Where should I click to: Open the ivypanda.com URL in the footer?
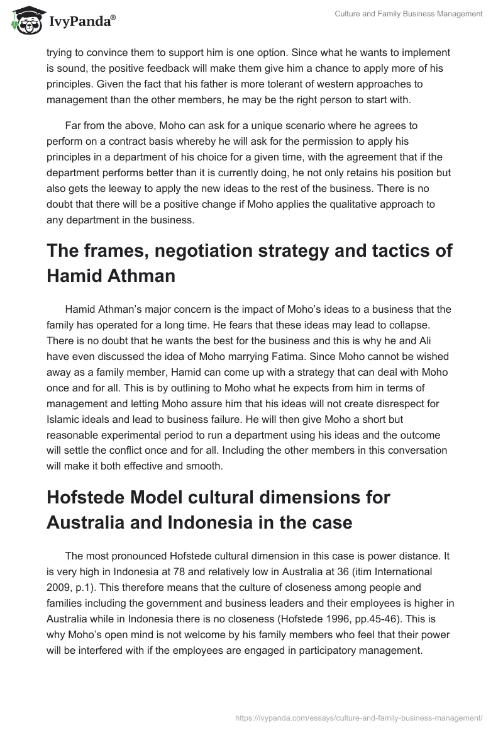pyautogui.click(x=358, y=717)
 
